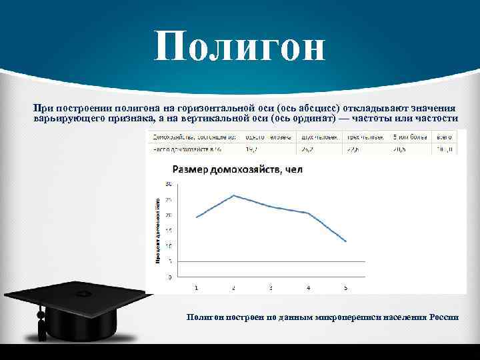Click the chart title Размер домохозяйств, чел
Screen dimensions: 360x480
(237, 169)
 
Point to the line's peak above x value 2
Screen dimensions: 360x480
(233, 195)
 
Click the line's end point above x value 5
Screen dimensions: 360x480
(346, 241)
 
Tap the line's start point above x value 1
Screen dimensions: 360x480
(196, 217)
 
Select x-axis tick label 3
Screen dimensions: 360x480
(271, 288)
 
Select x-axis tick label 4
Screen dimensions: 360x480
(308, 288)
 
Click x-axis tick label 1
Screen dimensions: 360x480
(196, 288)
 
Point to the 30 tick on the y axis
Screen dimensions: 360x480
(169, 184)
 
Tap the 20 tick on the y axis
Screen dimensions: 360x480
(169, 215)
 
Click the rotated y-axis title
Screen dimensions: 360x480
(158, 231)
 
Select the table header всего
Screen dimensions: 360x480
(443, 136)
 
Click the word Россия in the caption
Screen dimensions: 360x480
(444, 317)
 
